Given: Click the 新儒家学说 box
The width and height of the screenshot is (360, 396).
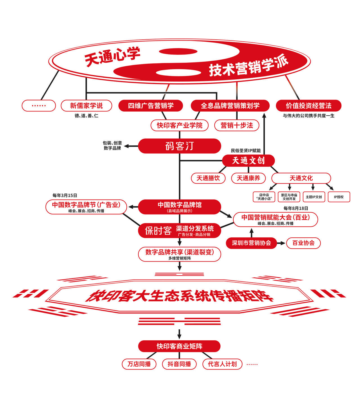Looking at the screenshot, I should click(86, 106).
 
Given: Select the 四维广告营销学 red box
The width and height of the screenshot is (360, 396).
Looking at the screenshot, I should click(151, 106).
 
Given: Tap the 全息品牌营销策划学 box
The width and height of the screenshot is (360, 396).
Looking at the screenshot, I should click(230, 106).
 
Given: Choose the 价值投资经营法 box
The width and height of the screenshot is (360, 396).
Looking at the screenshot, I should click(309, 106).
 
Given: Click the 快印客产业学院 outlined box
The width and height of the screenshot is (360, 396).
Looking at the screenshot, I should click(179, 125).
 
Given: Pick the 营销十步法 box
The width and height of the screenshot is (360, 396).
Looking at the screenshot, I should click(237, 125).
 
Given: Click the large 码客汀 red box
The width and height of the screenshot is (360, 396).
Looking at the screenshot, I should click(179, 146).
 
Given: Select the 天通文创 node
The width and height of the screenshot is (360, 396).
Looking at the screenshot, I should click(248, 161).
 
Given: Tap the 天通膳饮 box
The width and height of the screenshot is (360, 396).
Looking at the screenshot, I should click(208, 178).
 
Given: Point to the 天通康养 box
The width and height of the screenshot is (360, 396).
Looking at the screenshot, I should click(248, 178).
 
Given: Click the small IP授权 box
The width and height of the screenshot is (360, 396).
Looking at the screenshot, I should click(339, 197).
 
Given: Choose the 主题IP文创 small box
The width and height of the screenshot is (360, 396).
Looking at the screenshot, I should click(314, 197).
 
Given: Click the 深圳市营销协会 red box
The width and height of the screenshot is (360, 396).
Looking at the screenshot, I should click(251, 243).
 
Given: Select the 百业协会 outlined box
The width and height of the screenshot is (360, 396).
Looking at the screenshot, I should click(303, 243).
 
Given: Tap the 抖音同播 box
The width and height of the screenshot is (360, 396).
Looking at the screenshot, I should click(179, 364).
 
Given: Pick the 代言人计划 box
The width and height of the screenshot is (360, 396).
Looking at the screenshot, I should click(222, 364).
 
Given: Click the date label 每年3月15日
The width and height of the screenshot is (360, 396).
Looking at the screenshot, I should click(65, 195).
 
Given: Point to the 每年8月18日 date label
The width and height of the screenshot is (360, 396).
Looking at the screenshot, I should click(296, 208).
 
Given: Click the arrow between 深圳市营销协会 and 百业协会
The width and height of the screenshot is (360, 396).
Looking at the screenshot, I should click(281, 243).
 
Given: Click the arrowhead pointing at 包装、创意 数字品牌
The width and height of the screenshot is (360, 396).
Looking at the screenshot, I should click(127, 146).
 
